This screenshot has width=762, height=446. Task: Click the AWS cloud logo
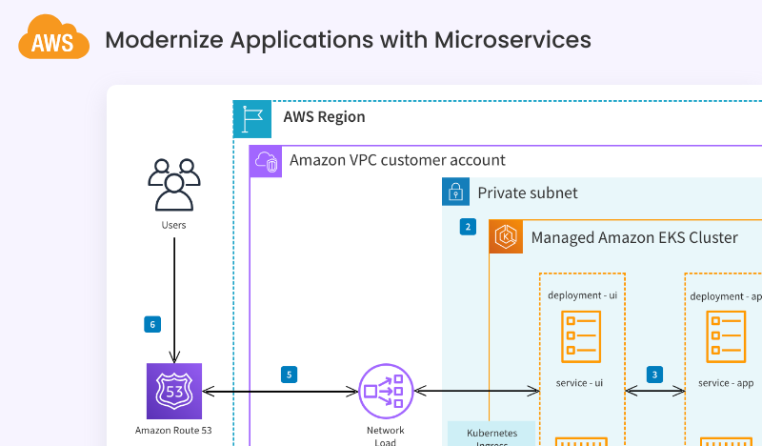coord(53,40)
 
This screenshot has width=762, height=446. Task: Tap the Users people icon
coord(173,184)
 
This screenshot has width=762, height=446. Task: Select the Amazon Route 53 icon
coord(173,391)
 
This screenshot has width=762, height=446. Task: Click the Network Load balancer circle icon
coord(387,391)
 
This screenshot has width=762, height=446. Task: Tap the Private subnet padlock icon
coord(456,192)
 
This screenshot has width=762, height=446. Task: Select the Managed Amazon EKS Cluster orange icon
coord(507,236)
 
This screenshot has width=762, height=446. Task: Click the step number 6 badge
coord(152,324)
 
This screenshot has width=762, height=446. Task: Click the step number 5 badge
coord(290,375)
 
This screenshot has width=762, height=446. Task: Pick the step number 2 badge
coord(468,227)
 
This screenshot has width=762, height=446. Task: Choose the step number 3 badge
coord(654,375)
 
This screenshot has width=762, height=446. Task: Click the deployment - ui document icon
coord(581,336)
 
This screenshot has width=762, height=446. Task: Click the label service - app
coord(726,383)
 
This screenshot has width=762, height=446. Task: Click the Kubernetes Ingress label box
coord(491,434)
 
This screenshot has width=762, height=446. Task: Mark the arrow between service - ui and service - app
coord(654,391)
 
